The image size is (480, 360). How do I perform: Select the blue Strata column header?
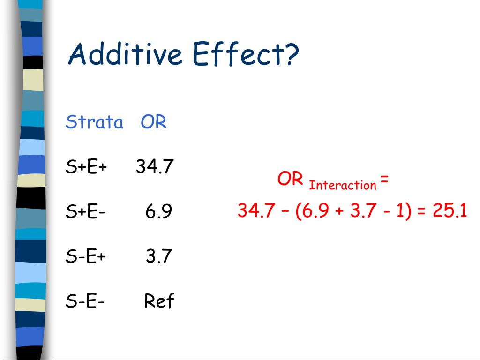coord(94,122)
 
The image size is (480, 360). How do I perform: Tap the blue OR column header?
coord(153,122)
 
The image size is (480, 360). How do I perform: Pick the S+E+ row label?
coord(86,167)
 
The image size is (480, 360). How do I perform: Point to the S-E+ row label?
coord(86,256)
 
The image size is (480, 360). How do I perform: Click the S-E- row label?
coord(85,301)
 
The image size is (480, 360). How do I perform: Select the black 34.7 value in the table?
coord(155,166)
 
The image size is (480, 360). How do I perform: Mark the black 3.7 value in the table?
coord(159,256)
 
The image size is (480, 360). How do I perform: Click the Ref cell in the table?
coord(159,301)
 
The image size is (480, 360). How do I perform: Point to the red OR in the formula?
coord(290,179)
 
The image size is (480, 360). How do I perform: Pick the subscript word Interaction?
coord(343,185)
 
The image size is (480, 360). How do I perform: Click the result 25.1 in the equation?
coord(450,210)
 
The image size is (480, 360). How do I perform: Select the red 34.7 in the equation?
coord(256,210)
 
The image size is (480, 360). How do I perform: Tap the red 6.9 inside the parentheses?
coord(315,210)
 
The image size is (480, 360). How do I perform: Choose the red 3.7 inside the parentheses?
coord(361,210)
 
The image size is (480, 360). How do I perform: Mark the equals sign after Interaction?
coord(384,179)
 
